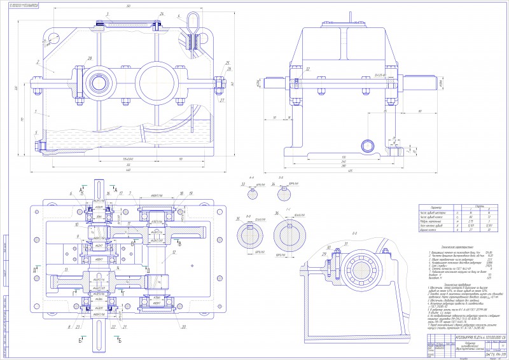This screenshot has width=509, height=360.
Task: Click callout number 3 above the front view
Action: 108,13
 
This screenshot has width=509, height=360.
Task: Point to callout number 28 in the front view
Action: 90,59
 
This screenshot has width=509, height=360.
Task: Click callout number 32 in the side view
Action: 307,68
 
